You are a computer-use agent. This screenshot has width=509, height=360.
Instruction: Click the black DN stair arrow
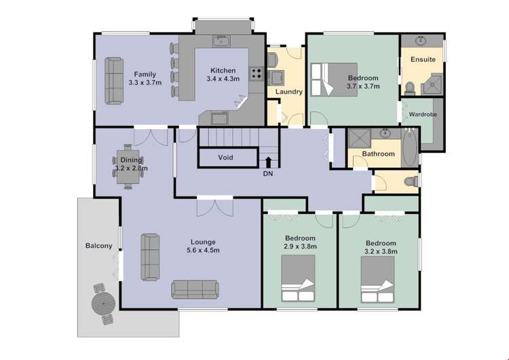pos(268,162)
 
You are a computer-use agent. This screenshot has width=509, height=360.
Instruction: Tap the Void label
pos(225,158)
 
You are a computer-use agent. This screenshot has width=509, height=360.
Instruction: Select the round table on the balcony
pos(103,304)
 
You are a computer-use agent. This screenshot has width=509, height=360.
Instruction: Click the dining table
pos(128,166)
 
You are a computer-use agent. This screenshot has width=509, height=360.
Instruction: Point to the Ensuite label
pos(423,60)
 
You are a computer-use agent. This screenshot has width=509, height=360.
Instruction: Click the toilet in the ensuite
pos(411,88)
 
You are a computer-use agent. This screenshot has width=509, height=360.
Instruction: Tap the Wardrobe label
pos(423,114)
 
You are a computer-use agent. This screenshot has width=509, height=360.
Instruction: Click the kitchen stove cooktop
pos(256,74)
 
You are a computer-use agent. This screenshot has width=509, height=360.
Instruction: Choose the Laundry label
pos(289,92)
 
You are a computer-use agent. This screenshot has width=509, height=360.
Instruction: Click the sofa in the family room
pos(114,81)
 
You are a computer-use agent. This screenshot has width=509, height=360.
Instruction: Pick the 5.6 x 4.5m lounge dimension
pos(203,250)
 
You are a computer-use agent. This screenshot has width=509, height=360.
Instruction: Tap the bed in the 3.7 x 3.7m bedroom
pos(334,79)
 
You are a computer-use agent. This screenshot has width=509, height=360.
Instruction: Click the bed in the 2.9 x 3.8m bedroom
pos(298,278)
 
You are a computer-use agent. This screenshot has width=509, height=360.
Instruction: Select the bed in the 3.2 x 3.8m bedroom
pos(377,279)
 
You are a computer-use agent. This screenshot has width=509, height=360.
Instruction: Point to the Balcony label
pos(98,246)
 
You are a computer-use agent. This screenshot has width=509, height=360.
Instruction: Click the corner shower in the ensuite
pos(432,84)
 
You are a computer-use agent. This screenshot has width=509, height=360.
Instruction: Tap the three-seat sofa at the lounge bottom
pos(195,289)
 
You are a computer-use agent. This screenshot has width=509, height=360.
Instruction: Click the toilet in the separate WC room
pos(411,181)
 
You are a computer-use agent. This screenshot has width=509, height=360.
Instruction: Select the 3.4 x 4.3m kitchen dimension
pos(223,79)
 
